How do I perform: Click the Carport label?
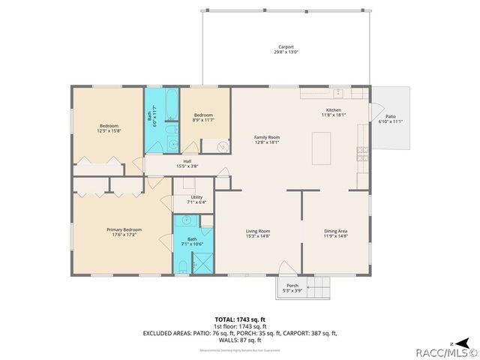pos(286,46)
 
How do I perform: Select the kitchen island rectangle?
pos(322,147)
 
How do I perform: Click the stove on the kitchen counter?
pos(364,154)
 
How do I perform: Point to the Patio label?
pos(390,117)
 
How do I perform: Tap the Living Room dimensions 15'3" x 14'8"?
pos(258,236)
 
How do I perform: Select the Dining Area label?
pos(335,230)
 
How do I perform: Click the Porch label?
pos(292,285)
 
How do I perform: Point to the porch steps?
pos(320,286)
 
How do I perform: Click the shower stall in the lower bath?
pos(202,263)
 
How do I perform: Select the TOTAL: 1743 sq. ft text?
pos(239,319)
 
